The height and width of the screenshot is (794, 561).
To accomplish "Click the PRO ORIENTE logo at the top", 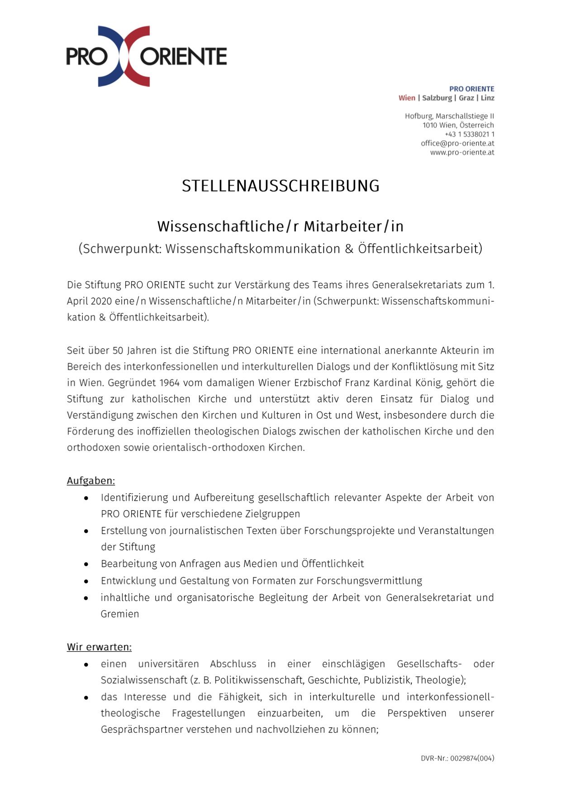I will pos(146,56).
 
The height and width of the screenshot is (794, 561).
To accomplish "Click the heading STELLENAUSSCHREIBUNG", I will pos(280,186).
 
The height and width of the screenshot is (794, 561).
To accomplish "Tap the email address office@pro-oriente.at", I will pos(457,143).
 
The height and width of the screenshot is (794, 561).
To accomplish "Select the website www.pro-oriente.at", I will pos(461,152).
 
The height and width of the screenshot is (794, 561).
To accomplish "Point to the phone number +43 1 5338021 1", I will pos(469,134).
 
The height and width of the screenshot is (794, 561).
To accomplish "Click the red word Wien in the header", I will pos(407,98).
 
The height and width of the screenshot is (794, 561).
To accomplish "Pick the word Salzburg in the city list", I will pos(437,98).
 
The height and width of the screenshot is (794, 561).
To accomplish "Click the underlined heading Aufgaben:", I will pos(91,480).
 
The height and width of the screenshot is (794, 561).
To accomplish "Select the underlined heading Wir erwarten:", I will pos(99,647).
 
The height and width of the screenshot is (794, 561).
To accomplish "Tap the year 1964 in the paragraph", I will pos(169,383).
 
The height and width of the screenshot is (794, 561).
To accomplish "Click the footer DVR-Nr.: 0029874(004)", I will pos(457,758).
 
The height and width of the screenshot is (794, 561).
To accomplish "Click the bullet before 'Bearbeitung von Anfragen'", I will pos(86,564).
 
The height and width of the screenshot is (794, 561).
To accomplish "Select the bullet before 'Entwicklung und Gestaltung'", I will pos(86,581).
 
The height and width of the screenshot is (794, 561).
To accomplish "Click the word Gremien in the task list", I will pos(120,614).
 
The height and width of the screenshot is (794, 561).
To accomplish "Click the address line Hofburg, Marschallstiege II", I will pos(449,116).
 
